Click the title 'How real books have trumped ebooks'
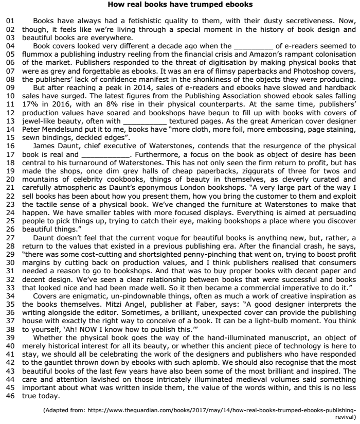coord(179,5)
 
